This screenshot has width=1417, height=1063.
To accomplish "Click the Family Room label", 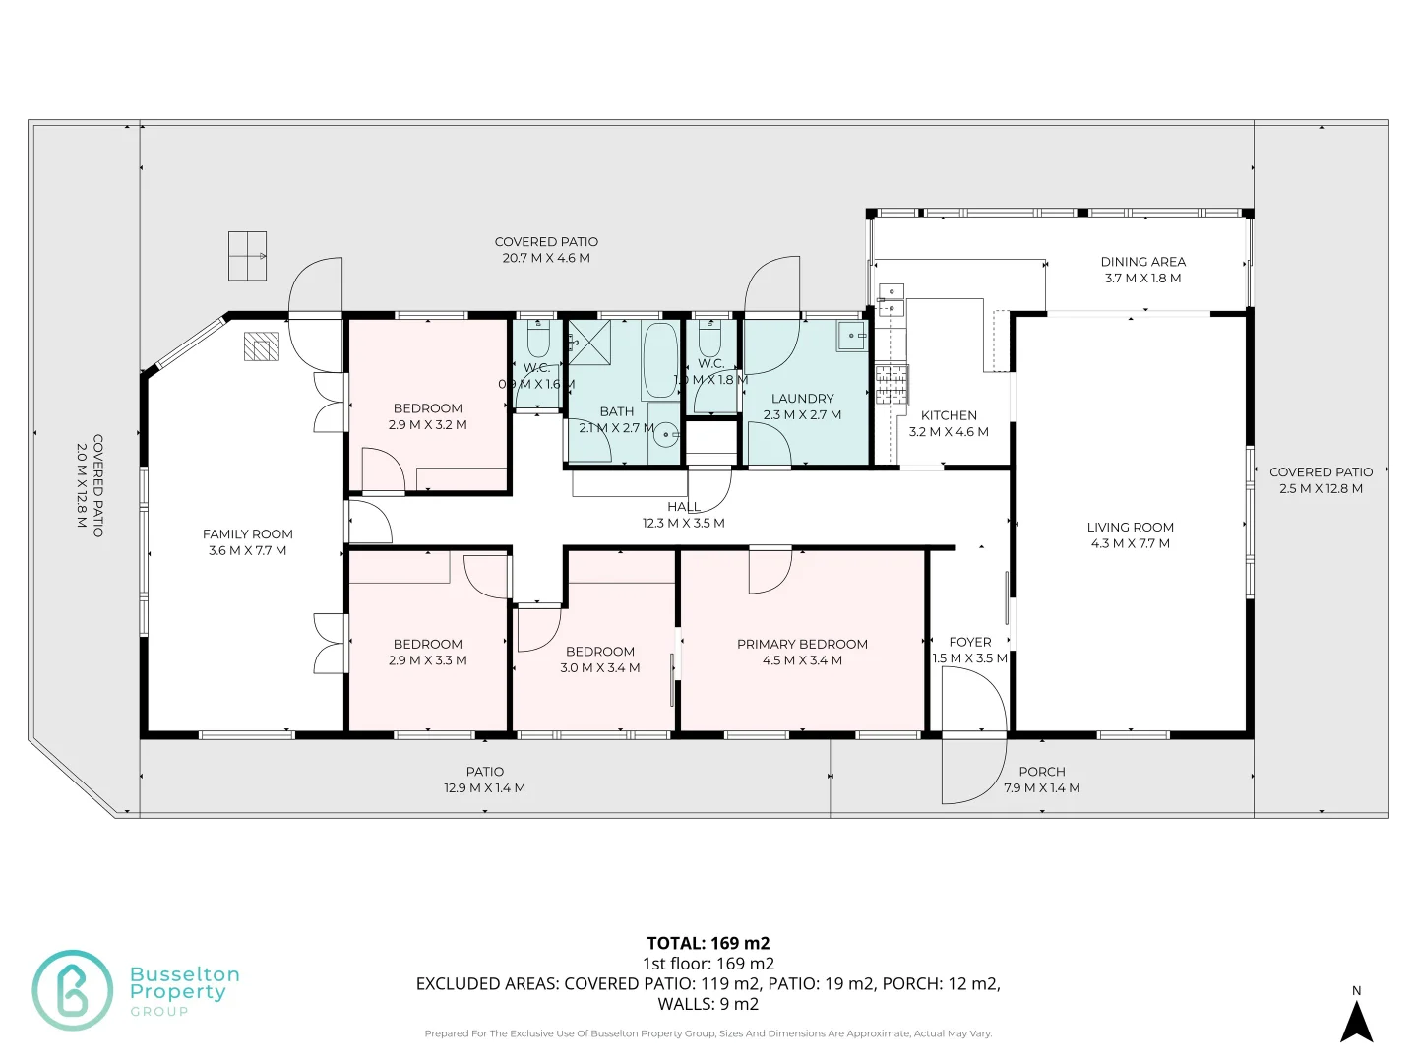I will [x=247, y=534].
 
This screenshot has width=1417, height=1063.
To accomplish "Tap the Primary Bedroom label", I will [x=802, y=644].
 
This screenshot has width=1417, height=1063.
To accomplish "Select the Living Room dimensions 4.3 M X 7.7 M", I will [x=1130, y=543].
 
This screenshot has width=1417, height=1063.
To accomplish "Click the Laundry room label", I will [x=802, y=399].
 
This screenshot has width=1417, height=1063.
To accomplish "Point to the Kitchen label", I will [x=949, y=415].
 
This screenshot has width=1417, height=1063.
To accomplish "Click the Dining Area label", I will [x=1142, y=262].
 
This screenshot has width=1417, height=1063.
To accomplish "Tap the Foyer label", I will [x=969, y=642].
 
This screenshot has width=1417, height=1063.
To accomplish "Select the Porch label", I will [x=1041, y=772].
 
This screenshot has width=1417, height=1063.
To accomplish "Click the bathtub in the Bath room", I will [x=660, y=359].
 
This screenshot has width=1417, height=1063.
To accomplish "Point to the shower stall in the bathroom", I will [x=589, y=343].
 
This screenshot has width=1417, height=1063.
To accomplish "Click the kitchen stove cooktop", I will [x=892, y=385].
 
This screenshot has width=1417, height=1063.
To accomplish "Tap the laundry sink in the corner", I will [x=850, y=336].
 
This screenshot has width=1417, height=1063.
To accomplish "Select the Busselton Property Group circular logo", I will [x=73, y=990].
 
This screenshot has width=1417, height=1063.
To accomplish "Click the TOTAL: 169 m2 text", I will [x=708, y=943].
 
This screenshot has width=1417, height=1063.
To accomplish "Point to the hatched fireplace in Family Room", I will [x=262, y=346].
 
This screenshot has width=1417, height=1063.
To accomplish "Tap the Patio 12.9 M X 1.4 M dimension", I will [x=484, y=788].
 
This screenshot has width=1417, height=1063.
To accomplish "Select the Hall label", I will [x=683, y=507].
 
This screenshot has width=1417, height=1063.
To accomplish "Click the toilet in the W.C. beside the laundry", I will [x=709, y=340].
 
